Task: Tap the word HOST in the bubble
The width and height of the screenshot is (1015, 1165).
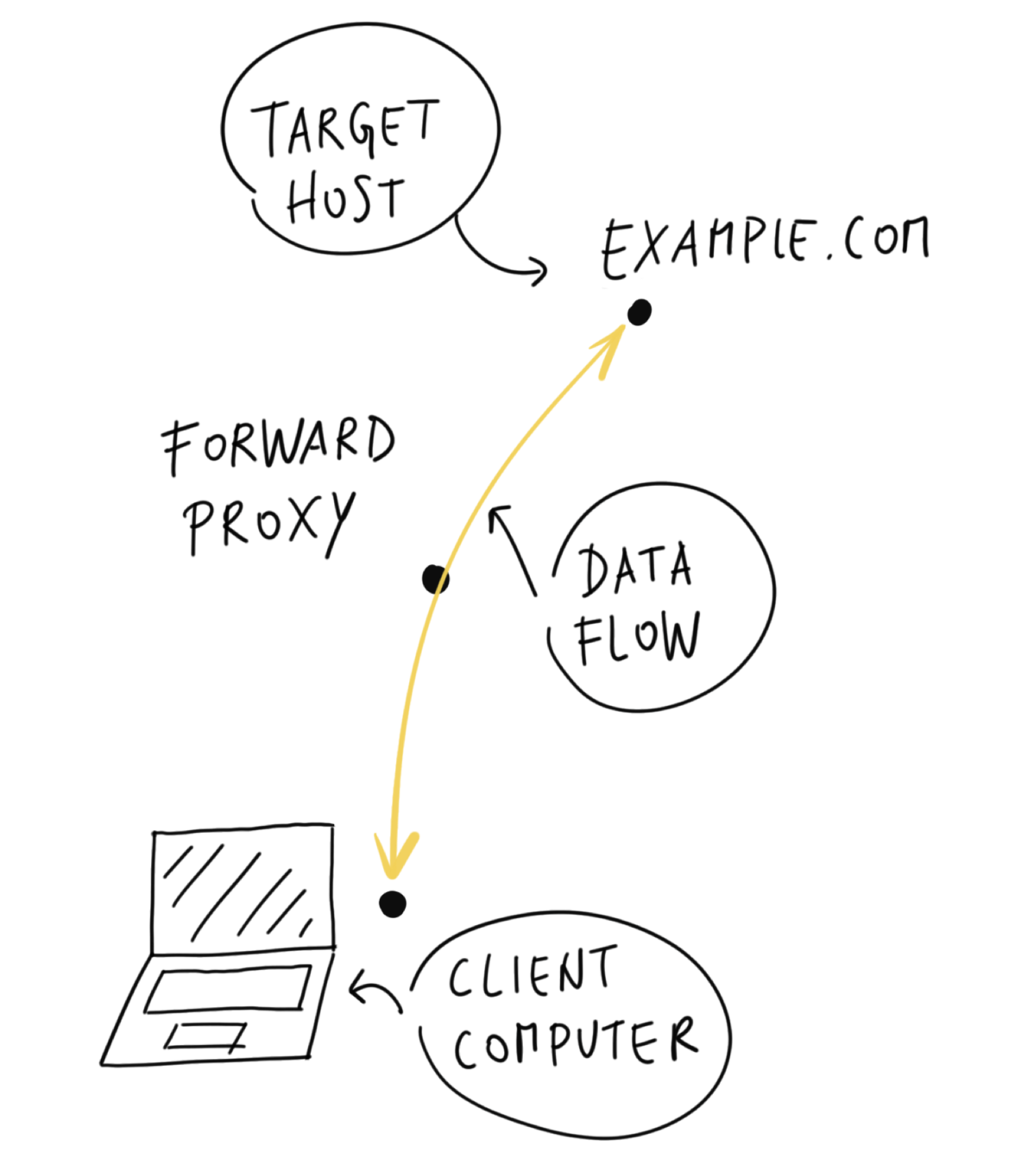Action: coord(345,198)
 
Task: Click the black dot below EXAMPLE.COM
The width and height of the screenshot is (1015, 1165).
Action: coord(639,312)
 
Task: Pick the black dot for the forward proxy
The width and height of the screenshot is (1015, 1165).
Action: coord(435,579)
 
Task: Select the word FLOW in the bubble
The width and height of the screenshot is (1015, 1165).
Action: coord(638,638)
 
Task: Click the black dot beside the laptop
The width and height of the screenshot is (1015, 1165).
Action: coord(392,904)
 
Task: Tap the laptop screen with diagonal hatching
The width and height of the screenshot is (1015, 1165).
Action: coord(243,889)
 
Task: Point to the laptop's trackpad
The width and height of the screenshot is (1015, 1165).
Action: coord(205,1036)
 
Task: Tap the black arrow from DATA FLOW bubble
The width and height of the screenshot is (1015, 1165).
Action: coord(513,547)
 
